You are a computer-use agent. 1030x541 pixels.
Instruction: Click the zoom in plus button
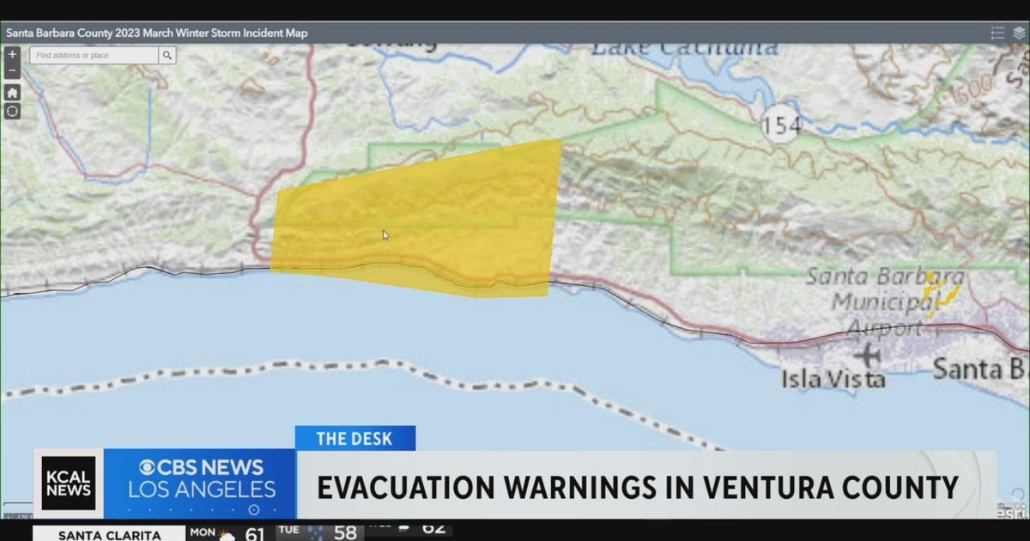pos(12,54)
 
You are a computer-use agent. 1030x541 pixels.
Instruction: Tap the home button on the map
pos(12,92)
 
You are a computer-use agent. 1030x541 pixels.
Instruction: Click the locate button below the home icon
pos(12,111)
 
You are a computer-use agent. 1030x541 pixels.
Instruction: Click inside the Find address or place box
pos(94,55)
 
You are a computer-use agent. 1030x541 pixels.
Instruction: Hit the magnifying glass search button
pos(167,55)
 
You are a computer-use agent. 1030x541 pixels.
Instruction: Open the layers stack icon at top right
pos(1018,33)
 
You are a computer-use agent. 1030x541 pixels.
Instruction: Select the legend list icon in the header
pos(997,33)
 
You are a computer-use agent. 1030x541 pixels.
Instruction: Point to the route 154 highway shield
pos(781,126)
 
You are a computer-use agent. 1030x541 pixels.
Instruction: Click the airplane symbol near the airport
pos(867,354)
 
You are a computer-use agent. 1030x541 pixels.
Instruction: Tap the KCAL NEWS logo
pos(69,483)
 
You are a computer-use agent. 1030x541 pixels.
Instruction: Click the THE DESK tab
pos(354,439)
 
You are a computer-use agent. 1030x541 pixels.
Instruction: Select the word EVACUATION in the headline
pos(403,488)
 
